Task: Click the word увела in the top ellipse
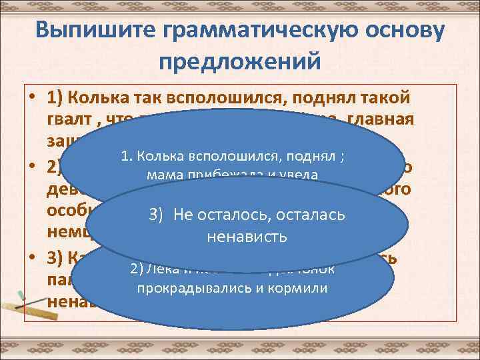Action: [x=303, y=176]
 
